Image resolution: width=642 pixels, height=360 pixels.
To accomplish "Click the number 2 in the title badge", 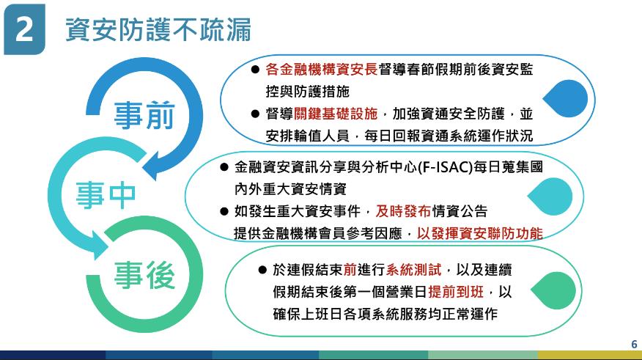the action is [x=23, y=29].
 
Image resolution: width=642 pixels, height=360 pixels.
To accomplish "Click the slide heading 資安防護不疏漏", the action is [x=158, y=29].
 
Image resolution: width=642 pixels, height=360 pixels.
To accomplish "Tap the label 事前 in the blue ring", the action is [x=144, y=115].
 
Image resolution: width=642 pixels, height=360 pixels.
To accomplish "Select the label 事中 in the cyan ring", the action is [x=106, y=195].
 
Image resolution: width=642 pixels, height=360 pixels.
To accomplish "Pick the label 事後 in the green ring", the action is [x=144, y=275].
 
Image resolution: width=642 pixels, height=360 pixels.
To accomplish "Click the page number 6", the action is [x=634, y=344].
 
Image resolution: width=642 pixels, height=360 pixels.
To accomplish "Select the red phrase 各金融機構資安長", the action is [x=322, y=70].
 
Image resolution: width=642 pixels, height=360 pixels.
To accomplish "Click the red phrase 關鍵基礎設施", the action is [x=336, y=114].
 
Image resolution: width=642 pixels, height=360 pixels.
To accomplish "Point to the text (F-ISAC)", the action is [x=445, y=167].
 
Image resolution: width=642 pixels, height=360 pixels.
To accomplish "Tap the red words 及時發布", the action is [x=403, y=211].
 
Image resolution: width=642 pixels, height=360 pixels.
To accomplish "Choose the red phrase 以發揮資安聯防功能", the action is [x=480, y=233].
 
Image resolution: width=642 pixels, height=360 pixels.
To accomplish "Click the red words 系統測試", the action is [x=413, y=270].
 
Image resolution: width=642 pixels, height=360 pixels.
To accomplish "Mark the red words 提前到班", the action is [x=456, y=292].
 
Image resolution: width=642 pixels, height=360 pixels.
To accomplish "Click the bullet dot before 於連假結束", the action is [x=262, y=270].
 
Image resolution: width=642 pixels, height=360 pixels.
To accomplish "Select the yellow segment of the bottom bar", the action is [x=589, y=355].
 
